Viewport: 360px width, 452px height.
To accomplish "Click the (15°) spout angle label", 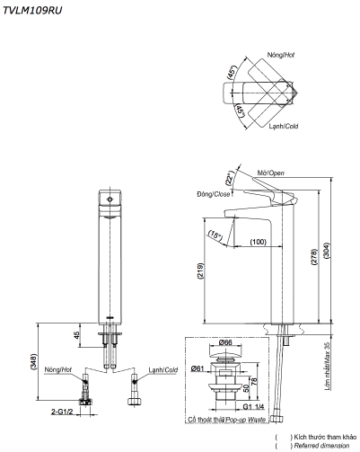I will coord(215,235).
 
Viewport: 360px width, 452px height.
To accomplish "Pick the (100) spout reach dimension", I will coord(258,243).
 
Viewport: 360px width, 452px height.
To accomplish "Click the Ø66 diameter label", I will coord(225,342).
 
